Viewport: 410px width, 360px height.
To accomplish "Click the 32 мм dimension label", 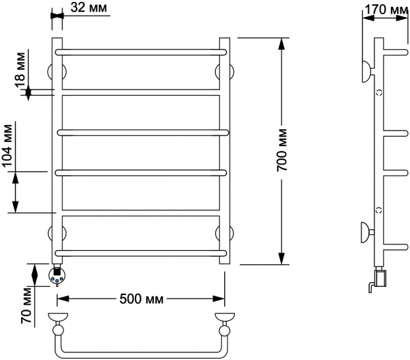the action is click(x=89, y=8).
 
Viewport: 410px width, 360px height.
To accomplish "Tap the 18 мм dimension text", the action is click(x=20, y=70).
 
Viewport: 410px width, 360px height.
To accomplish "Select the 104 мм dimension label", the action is click(x=8, y=146).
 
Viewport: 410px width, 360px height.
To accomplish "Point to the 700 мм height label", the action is click(x=282, y=150).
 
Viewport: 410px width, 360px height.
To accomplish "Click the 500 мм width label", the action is click(x=141, y=299).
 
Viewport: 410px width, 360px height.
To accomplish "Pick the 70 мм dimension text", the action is click(x=26, y=305).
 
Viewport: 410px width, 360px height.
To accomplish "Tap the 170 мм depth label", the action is click(x=386, y=9).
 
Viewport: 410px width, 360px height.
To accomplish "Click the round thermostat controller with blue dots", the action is click(x=57, y=275).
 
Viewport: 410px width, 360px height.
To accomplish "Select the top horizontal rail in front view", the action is click(x=141, y=52).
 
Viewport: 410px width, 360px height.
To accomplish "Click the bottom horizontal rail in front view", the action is click(x=141, y=253).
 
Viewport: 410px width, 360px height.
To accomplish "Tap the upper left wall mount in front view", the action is click(x=57, y=72).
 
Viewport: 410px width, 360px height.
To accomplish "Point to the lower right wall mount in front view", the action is click(x=225, y=233).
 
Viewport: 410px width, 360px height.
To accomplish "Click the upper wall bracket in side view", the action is click(x=368, y=71).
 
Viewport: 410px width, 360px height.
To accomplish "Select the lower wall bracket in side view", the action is click(x=368, y=232).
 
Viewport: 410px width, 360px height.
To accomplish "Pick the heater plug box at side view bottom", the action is click(x=381, y=279).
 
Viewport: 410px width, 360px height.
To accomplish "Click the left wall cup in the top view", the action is click(x=58, y=318).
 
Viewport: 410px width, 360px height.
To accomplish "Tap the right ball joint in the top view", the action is click(x=225, y=331).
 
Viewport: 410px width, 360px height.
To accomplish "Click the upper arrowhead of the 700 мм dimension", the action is click(x=282, y=44).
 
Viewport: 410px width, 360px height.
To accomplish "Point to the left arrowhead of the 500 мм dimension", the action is click(x=63, y=299).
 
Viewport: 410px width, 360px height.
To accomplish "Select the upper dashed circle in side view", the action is click(x=379, y=92).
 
